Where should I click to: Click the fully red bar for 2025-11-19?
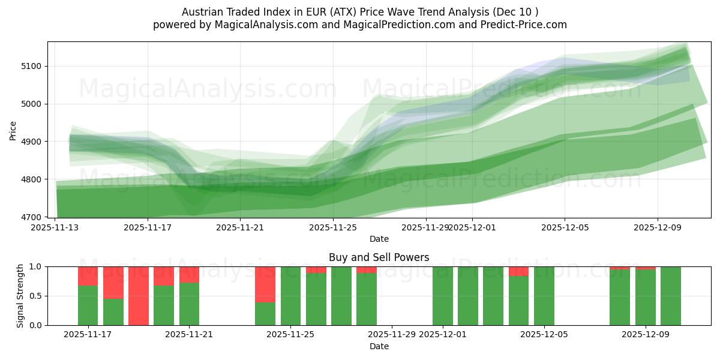pyautogui.click(x=139, y=296)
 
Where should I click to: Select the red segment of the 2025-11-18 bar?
pyautogui.click(x=113, y=283)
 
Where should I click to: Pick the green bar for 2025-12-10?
pyautogui.click(x=670, y=296)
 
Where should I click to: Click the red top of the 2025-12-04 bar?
pyautogui.click(x=518, y=271)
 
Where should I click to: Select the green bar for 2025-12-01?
pyautogui.click(x=443, y=296)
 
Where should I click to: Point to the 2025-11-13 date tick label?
pyautogui.click(x=55, y=227)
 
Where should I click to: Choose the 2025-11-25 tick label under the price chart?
pyautogui.click(x=333, y=227)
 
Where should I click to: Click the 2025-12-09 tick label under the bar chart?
pyautogui.click(x=646, y=335)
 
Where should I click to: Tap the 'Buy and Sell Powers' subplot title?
pyautogui.click(x=379, y=257)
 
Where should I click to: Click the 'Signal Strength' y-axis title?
pyautogui.click(x=20, y=296)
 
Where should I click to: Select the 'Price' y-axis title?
pyautogui.click(x=13, y=130)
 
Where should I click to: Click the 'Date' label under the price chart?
pyautogui.click(x=379, y=239)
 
